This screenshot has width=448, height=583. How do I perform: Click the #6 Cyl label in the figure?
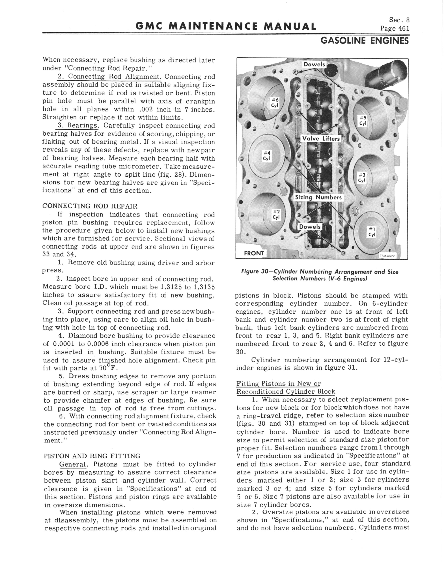pyautogui.click(x=275, y=103)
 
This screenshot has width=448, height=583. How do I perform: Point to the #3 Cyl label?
pyautogui.click(x=362, y=178)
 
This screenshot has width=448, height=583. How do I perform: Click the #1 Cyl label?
pyautogui.click(x=372, y=232)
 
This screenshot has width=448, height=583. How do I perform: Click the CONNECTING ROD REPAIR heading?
pyautogui.click(x=90, y=206)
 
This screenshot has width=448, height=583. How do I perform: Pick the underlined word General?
pyautogui.click(x=73, y=464)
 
